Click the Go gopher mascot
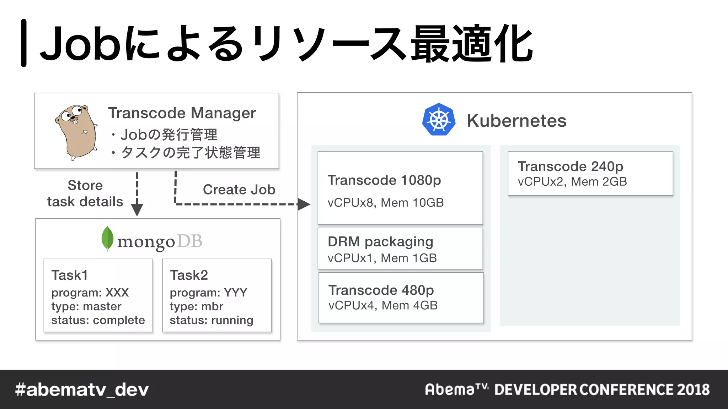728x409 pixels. pyautogui.click(x=76, y=131)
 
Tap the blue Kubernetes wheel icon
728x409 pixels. pyautogui.click(x=439, y=120)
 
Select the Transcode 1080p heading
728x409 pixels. pyautogui.click(x=384, y=180)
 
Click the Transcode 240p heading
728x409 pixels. pyautogui.click(x=570, y=166)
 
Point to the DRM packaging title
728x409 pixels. pyautogui.click(x=380, y=241)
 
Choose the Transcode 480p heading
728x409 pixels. pyautogui.click(x=381, y=290)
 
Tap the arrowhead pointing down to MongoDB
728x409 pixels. pyautogui.click(x=137, y=210)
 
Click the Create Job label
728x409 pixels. pyautogui.click(x=239, y=190)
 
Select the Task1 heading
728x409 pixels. pyautogui.click(x=69, y=275)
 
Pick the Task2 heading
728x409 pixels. pyautogui.click(x=189, y=275)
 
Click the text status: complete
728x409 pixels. pyautogui.click(x=98, y=320)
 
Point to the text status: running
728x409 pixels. pyautogui.click(x=212, y=320)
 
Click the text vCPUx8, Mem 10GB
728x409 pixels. pyautogui.click(x=385, y=203)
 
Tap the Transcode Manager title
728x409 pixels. pyautogui.click(x=182, y=113)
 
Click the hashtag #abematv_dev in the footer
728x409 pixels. pyautogui.click(x=82, y=390)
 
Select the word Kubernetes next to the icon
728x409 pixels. pyautogui.click(x=516, y=121)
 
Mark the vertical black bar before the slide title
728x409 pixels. pyautogui.click(x=24, y=43)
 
